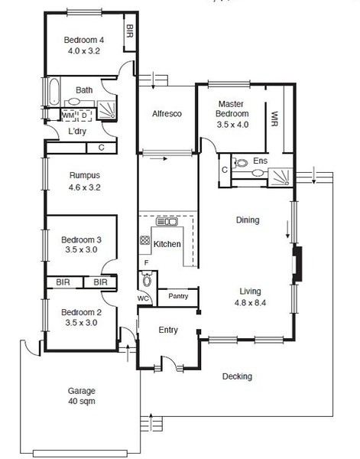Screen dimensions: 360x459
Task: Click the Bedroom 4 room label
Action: pos(83,40)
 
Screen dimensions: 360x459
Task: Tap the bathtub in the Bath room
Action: pos(54,92)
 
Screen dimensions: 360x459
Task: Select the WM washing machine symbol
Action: pos(68,116)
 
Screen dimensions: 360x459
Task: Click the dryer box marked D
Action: pos(85,116)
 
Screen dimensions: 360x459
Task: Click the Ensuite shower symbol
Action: pos(281,177)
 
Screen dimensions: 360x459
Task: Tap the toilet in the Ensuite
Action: pos(240,163)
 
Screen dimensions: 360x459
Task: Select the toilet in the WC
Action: pos(146,279)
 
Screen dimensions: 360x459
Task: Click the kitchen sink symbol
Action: pos(167,222)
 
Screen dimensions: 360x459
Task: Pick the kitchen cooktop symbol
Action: pos(144,240)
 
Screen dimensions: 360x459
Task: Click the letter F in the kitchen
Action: pos(147,262)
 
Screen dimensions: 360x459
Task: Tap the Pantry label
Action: pos(178,296)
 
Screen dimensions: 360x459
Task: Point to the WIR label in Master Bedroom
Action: pos(274,119)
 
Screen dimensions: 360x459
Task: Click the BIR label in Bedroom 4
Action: pos(129,31)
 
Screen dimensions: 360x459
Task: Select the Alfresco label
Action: pos(167,113)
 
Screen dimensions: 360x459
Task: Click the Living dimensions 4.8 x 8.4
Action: pos(250,303)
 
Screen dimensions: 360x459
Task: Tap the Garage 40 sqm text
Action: pos(82,396)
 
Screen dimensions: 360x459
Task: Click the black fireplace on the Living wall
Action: pos(297,265)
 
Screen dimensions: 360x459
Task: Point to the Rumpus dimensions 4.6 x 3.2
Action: pos(85,187)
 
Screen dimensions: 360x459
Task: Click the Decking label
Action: pos(237,376)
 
